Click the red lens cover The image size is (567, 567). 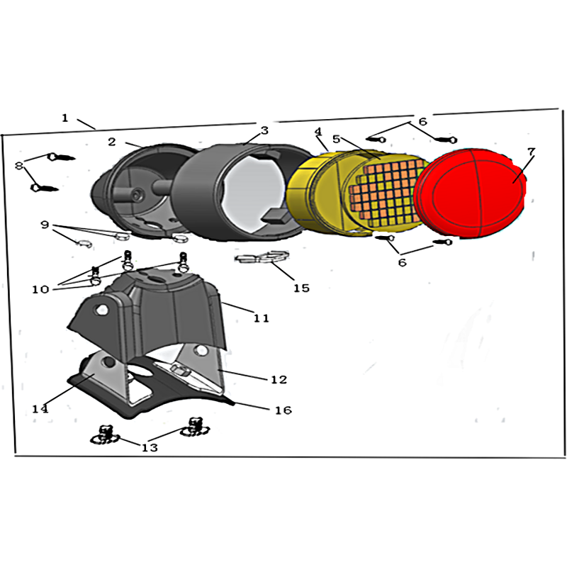point(470,193)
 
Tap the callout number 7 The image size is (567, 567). point(530,152)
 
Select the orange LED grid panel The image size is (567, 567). point(387,191)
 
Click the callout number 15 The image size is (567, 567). point(301,288)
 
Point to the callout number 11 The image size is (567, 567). point(261,318)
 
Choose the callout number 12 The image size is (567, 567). point(279,379)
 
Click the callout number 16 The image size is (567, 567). point(283,410)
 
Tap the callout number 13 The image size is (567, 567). point(150,448)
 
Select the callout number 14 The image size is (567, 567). point(40,409)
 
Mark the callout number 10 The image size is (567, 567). point(40,289)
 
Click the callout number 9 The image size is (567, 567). point(45,225)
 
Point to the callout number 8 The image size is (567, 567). point(19,166)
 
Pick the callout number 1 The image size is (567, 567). point(64,118)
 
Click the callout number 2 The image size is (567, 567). point(112,142)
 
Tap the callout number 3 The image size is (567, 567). point(264,130)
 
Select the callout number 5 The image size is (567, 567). point(336,139)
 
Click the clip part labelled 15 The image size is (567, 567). point(262,257)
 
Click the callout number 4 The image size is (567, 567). point(318,132)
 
